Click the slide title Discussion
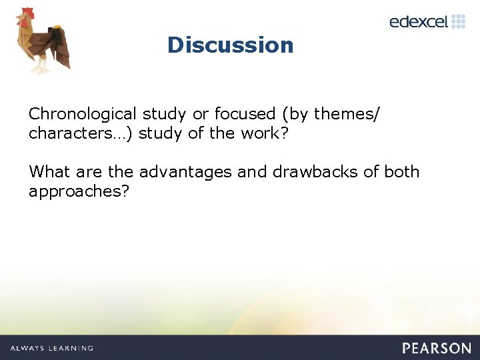point(230,45)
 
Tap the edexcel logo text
point(419,22)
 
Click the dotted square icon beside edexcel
point(459,21)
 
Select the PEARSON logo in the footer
point(436,348)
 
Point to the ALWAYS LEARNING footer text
point(51,348)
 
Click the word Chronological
point(83,114)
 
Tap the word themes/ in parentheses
point(347,114)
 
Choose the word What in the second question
point(49,172)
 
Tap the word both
point(401,172)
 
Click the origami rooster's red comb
point(25,13)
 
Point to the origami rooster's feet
point(41,67)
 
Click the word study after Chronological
point(164,114)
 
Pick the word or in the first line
point(201,114)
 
